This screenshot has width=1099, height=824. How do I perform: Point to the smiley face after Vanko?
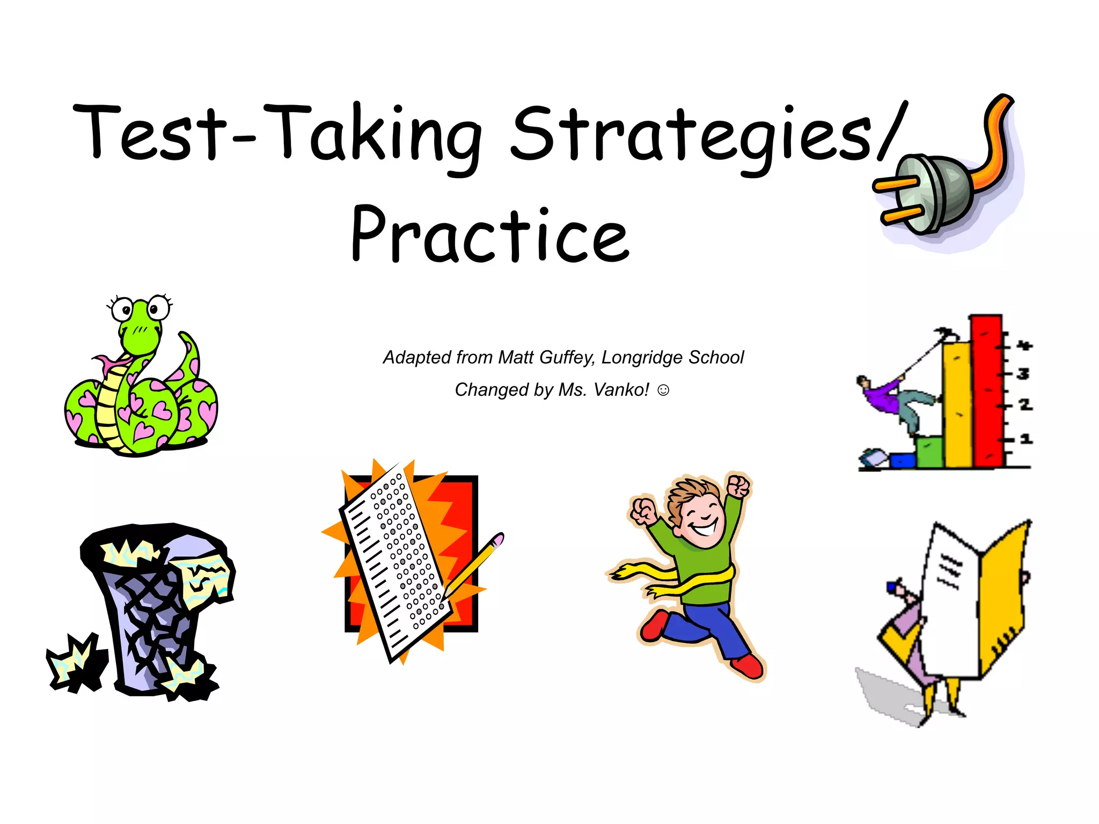pyautogui.click(x=663, y=390)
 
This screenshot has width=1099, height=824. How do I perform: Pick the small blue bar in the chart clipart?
pyautogui.click(x=903, y=460)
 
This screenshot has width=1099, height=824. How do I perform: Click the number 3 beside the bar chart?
pyautogui.click(x=1023, y=373)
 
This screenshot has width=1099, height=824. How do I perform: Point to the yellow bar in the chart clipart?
pyautogui.click(x=957, y=405)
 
